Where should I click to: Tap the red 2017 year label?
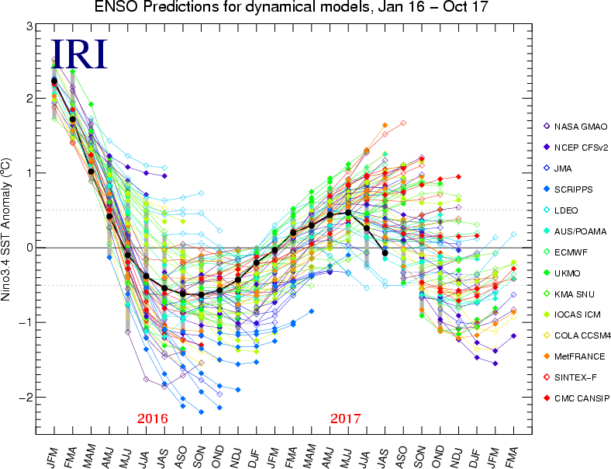[x=345, y=419]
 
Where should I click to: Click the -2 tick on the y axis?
[x=26, y=397]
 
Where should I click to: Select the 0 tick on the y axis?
[x=29, y=248]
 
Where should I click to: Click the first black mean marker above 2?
[x=54, y=81]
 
